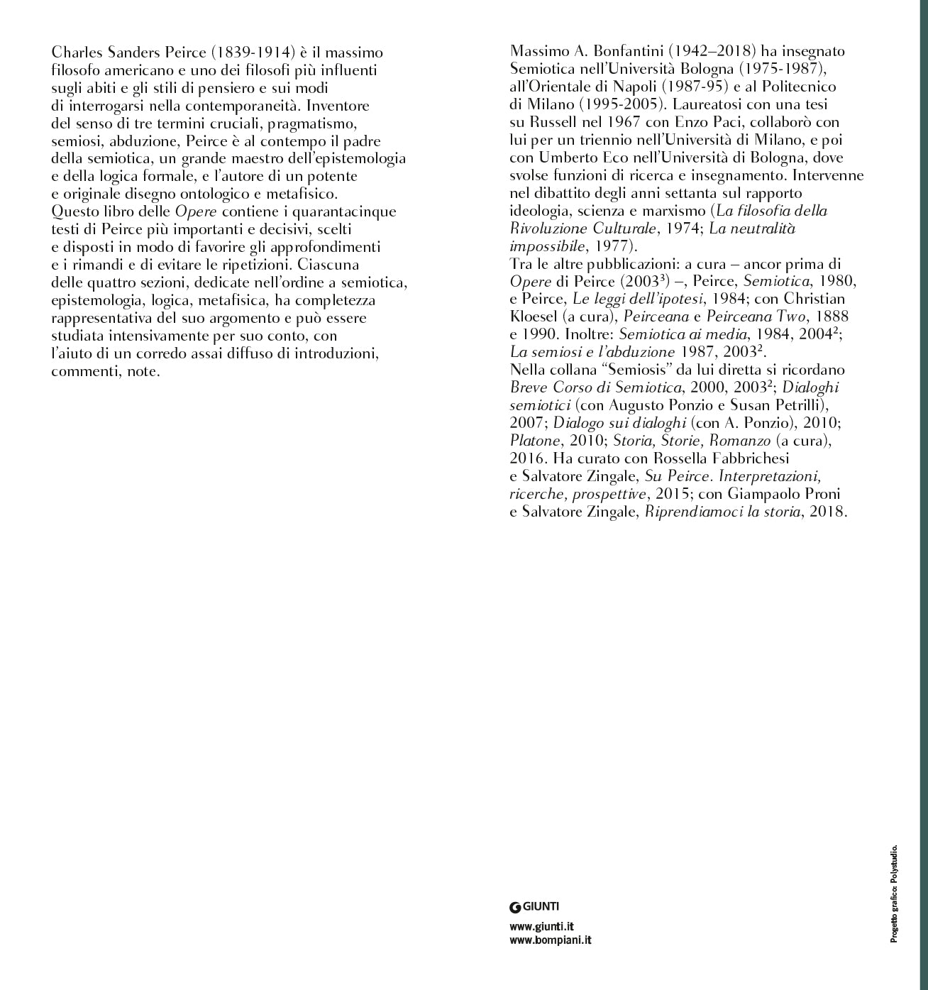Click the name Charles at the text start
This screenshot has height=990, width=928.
click(x=74, y=53)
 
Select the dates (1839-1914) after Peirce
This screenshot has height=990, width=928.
click(x=252, y=53)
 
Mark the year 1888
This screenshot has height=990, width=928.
click(x=833, y=317)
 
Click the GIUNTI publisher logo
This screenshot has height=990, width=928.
click(x=535, y=906)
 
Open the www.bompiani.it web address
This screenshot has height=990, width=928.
click(x=551, y=940)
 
